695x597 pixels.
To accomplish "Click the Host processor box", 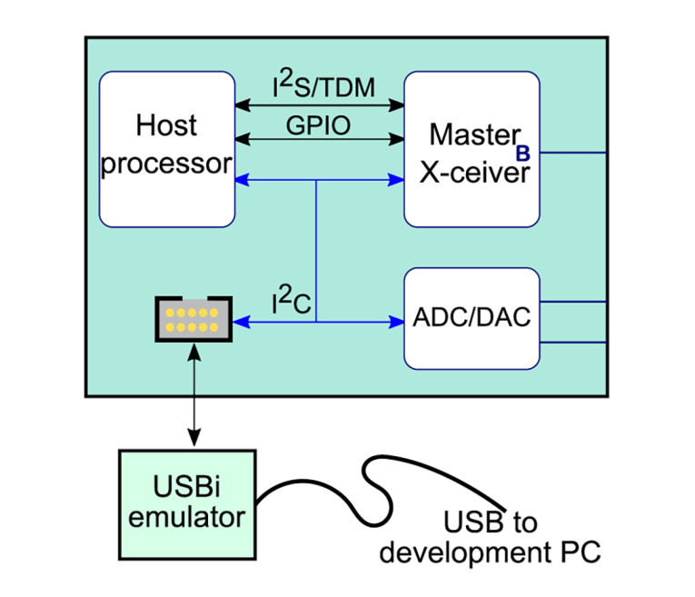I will tap(165, 150).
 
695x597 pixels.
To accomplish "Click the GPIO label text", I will tap(320, 124).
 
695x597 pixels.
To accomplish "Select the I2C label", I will tap(292, 303).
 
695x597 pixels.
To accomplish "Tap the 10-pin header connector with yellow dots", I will tap(192, 319).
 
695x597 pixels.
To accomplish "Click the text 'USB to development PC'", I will tap(491, 537).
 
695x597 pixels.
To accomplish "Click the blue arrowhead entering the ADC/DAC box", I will tap(396, 321).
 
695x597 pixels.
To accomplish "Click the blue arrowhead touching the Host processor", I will tap(242, 181).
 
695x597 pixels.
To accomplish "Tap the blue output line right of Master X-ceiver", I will tap(572, 153).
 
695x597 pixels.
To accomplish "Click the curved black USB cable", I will tap(382, 473).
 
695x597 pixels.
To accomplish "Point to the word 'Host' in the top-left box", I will tap(165, 125).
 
